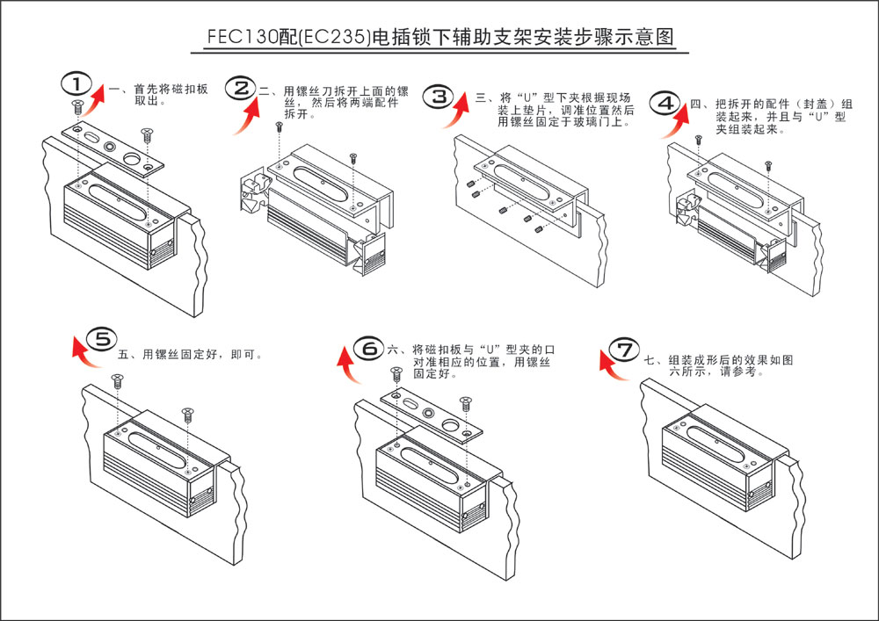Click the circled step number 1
77,83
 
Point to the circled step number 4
668,102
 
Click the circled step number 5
102,338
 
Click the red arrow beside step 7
610,365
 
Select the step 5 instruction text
190,355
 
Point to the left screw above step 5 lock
116,381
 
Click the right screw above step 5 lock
186,413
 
